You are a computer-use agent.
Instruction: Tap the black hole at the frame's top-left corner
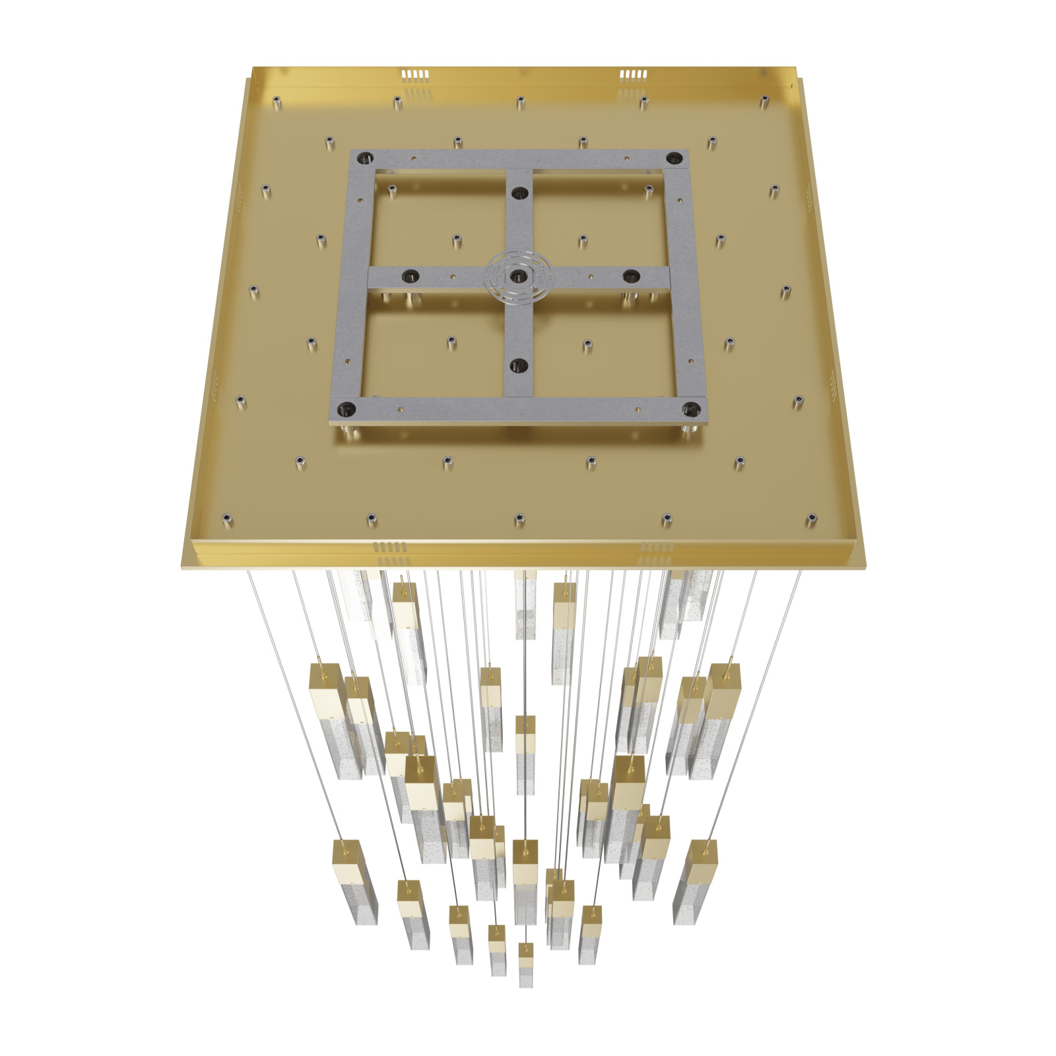pyautogui.click(x=365, y=158)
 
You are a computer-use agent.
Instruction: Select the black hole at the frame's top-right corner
pyautogui.click(x=673, y=158)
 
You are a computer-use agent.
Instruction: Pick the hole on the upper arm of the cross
pyautogui.click(x=519, y=193)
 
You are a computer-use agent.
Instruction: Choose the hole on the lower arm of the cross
pyautogui.click(x=519, y=364)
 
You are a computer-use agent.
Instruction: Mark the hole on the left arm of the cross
pyautogui.click(x=411, y=275)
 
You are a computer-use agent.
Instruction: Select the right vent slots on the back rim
pyautogui.click(x=632, y=74)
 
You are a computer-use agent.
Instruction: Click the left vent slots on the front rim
pyautogui.click(x=390, y=547)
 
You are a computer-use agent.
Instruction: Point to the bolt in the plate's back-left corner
pyautogui.click(x=277, y=102)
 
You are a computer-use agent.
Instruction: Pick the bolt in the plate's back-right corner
pyautogui.click(x=764, y=101)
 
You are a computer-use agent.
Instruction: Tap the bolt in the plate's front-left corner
pyautogui.click(x=227, y=519)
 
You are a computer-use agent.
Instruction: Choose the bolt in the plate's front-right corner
pyautogui.click(x=811, y=519)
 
